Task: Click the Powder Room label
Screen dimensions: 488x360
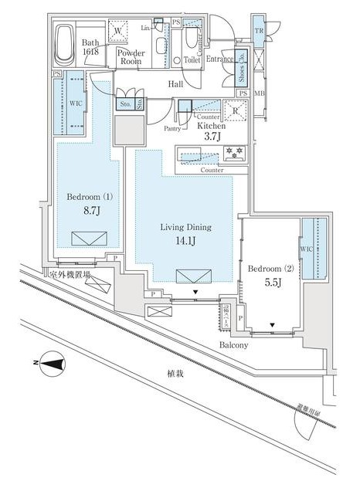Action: tap(131, 58)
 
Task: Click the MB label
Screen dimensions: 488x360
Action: tap(258, 93)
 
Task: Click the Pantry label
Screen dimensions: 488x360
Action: tap(173, 130)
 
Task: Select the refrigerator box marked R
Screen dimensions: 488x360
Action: tap(233, 110)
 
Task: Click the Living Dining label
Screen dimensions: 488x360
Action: tap(185, 228)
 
